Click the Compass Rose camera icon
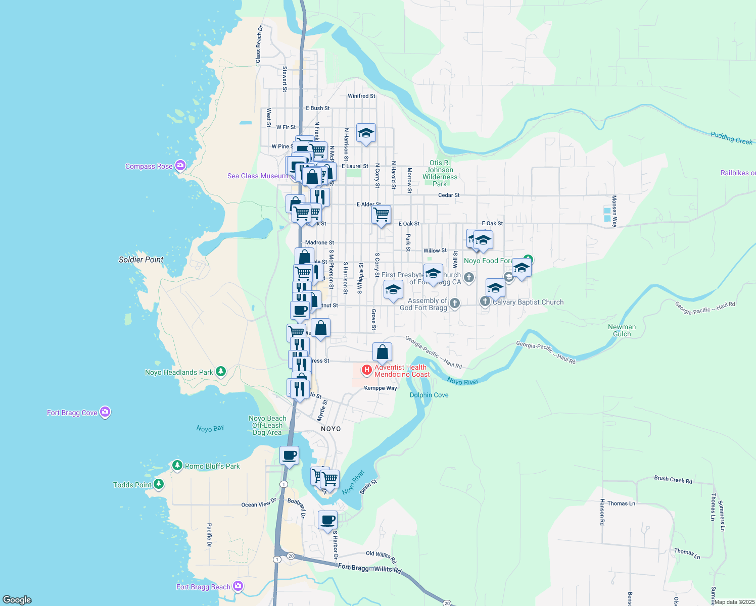pos(180,166)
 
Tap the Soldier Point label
pos(141,260)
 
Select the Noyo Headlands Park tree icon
pos(220,372)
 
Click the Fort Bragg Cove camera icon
pos(105,412)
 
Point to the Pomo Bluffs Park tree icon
pos(177,466)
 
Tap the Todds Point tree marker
pos(159,484)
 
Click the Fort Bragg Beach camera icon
pos(238,586)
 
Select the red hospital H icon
pos(367,370)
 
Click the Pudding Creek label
pos(731,137)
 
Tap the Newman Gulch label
pos(622,330)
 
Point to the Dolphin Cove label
pos(429,395)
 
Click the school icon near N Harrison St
pos(366,133)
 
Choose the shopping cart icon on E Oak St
pos(382,214)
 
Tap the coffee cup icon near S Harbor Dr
pos(327,520)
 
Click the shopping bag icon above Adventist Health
pos(383,352)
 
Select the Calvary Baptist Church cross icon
pos(485,301)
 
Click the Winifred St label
pos(361,96)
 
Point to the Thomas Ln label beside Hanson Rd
pos(621,503)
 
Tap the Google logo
pos(17,599)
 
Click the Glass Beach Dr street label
pos(259,44)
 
